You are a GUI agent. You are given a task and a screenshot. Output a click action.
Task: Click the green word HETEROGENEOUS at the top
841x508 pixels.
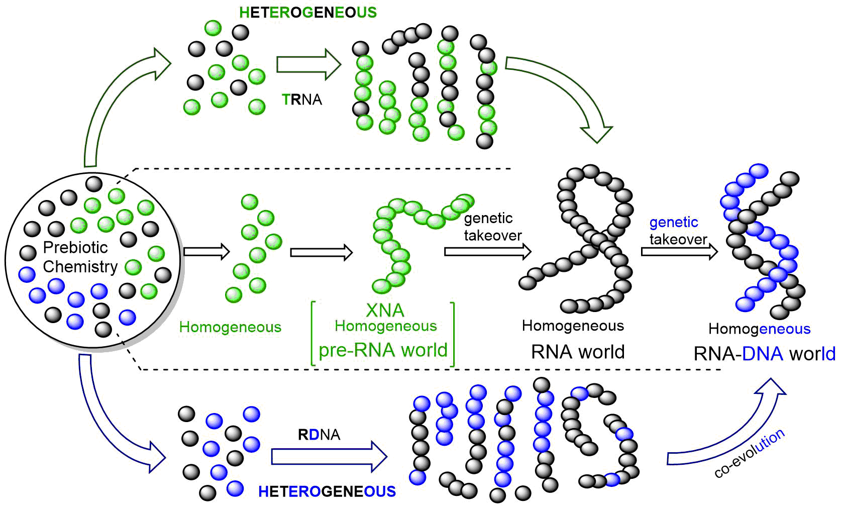coord(308,13)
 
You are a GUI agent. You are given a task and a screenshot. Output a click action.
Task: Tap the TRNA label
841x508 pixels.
coord(302,99)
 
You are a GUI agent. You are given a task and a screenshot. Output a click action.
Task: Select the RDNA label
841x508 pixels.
coord(319,434)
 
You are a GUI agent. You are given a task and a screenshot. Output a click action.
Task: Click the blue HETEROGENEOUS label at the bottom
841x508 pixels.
coord(327,491)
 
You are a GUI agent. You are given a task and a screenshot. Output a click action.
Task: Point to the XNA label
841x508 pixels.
coord(385,310)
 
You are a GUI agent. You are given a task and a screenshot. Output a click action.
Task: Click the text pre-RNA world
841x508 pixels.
coord(383,350)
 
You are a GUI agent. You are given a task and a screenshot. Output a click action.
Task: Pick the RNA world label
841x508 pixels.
coord(578,352)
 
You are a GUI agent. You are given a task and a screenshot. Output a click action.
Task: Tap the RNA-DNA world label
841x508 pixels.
coord(764,354)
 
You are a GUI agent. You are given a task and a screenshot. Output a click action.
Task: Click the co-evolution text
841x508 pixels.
coord(749,454)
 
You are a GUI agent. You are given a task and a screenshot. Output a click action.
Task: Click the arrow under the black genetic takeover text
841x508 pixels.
coord(487,251)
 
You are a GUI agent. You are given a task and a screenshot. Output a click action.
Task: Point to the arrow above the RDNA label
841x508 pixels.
coord(329,456)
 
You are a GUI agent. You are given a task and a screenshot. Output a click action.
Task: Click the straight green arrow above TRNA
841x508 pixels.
coord(308,64)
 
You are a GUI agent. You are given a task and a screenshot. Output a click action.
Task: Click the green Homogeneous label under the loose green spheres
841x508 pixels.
coord(230,327)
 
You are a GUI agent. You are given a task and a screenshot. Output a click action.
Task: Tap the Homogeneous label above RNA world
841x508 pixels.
coord(573,326)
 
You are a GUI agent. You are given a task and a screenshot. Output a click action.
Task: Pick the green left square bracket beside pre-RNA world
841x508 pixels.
coord(313,334)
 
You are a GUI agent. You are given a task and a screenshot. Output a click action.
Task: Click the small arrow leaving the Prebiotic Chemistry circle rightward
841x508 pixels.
coord(206,251)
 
